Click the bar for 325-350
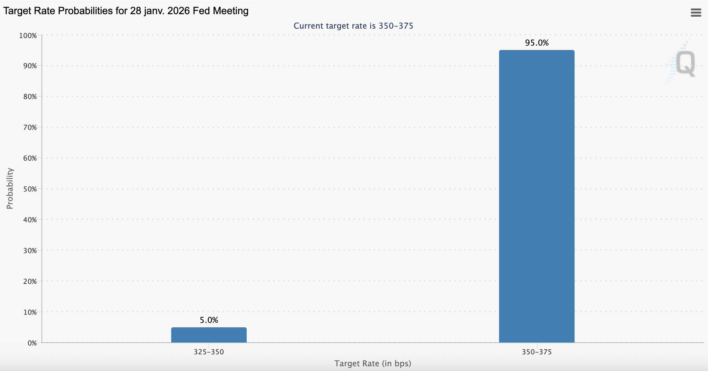(209, 335)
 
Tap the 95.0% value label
(537, 43)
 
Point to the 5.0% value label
(209, 320)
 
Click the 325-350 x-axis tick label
(209, 352)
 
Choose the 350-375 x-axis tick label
(537, 352)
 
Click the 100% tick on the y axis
(28, 36)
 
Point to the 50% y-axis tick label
(30, 189)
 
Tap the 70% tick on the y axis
(30, 127)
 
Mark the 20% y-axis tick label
(30, 281)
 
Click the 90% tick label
(30, 66)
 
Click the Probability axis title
(10, 188)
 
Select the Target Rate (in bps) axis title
(373, 363)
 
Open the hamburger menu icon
(696, 13)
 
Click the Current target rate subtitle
(353, 26)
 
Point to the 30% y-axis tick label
(30, 251)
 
